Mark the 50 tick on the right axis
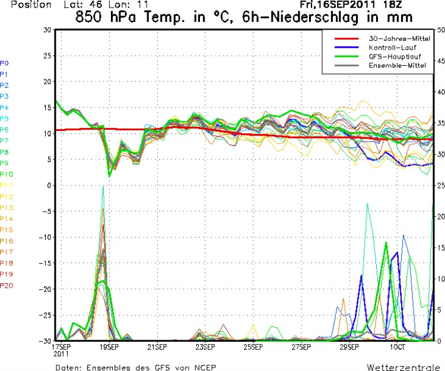(439, 30)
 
